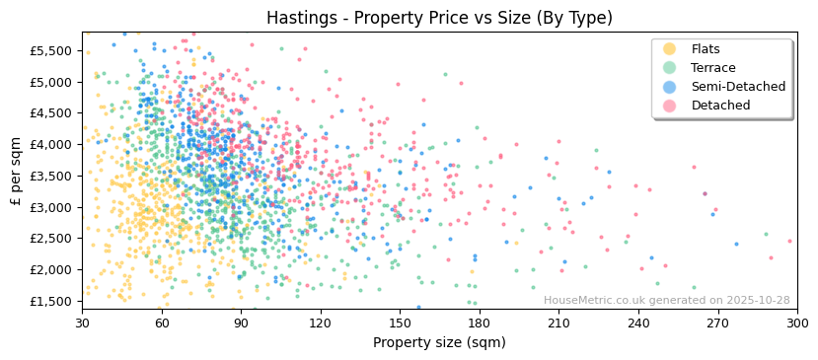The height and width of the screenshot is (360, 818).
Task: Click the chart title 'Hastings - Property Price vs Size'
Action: tap(439, 18)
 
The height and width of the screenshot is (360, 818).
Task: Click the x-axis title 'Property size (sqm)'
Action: tap(439, 343)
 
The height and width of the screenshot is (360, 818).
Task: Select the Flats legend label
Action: tap(706, 49)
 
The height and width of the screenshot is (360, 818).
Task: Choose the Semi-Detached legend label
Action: tap(738, 87)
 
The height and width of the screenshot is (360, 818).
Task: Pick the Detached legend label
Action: tap(720, 106)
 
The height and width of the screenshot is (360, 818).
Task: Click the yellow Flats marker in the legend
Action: tap(669, 49)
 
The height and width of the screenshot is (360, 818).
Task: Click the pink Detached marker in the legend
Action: tap(669, 106)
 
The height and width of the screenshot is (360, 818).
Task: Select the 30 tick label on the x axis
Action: tap(83, 323)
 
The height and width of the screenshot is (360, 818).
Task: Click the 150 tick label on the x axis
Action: tap(401, 323)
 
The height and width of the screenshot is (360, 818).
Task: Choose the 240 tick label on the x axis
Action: tap(638, 323)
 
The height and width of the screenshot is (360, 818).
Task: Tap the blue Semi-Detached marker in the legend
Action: tap(669, 87)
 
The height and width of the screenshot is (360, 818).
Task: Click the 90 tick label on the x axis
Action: tap(242, 323)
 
